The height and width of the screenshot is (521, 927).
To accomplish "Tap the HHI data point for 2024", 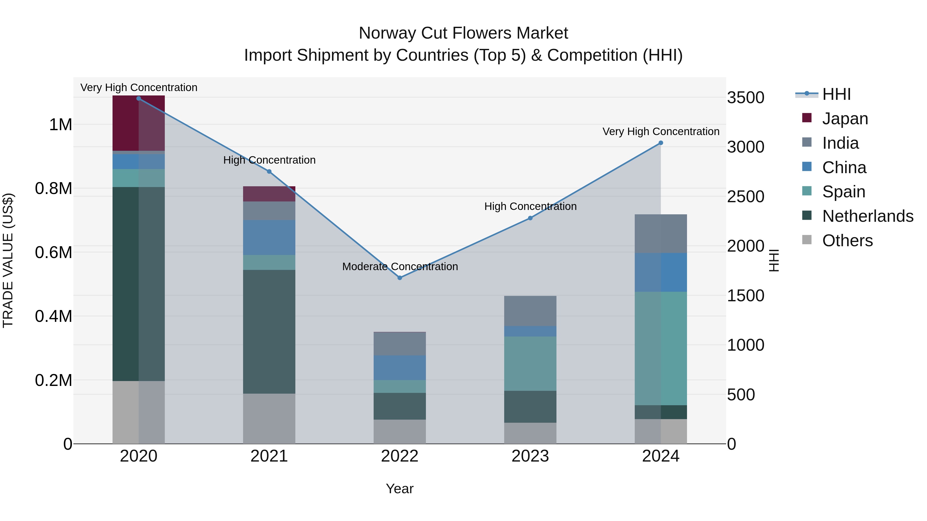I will pyautogui.click(x=661, y=143).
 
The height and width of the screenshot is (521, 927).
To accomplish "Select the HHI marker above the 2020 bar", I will pyautogui.click(x=139, y=98).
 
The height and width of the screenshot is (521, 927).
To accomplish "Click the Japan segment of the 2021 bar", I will pyautogui.click(x=269, y=194).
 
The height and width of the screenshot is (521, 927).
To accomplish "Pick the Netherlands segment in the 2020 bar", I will pyautogui.click(x=139, y=284).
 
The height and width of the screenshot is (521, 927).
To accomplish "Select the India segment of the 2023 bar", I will pyautogui.click(x=530, y=311).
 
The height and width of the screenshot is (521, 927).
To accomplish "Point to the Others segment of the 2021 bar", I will pyautogui.click(x=269, y=419).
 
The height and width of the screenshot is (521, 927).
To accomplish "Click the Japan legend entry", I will pyautogui.click(x=845, y=119).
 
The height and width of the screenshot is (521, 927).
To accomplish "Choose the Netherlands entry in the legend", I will pyautogui.click(x=867, y=216).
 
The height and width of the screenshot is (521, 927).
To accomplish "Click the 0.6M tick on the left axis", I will pyautogui.click(x=54, y=252).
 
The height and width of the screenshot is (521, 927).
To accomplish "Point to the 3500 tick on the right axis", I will pyautogui.click(x=746, y=98).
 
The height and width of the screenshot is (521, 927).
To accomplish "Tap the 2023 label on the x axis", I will pyautogui.click(x=530, y=456).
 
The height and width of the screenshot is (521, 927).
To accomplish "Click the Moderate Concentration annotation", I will pyautogui.click(x=400, y=267).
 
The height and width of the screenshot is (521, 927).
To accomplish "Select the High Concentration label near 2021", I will pyautogui.click(x=269, y=160).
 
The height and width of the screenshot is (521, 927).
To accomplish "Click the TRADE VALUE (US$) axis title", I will pyautogui.click(x=8, y=260).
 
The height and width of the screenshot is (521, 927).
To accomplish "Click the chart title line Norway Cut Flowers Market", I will pyautogui.click(x=463, y=33).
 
